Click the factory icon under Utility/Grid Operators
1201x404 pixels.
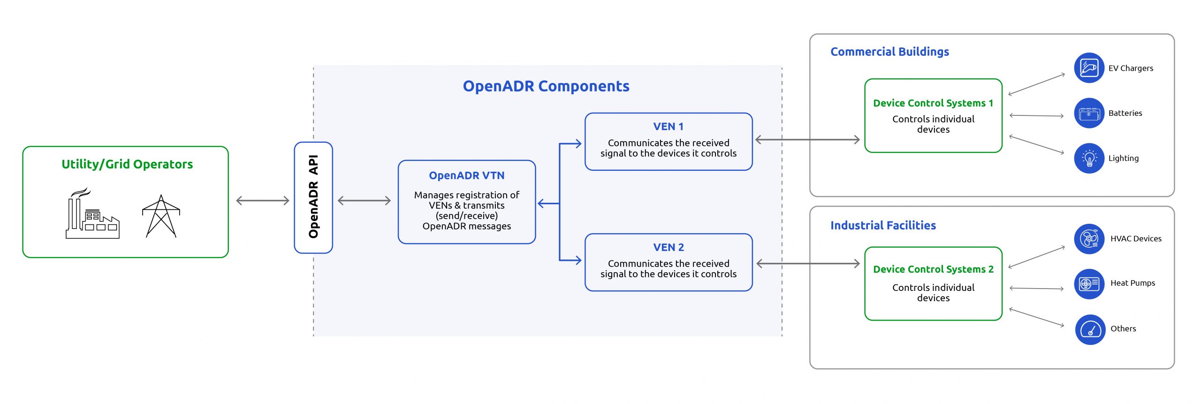pyautogui.click(x=92, y=214)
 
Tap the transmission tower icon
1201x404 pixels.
pyautogui.click(x=161, y=216)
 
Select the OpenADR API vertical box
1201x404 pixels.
pyautogui.click(x=313, y=198)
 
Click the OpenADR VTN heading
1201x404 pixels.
pyautogui.click(x=466, y=175)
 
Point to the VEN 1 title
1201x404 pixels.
pyautogui.click(x=668, y=127)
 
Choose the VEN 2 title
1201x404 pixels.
pyautogui.click(x=668, y=247)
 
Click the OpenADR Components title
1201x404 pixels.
pyautogui.click(x=546, y=86)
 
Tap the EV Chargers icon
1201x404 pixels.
pyautogui.click(x=1089, y=68)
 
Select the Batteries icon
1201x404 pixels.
pyautogui.click(x=1089, y=113)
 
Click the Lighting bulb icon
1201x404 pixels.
pyautogui.click(x=1089, y=159)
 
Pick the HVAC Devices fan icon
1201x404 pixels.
pyautogui.click(x=1089, y=239)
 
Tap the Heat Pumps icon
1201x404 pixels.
pyautogui.click(x=1089, y=284)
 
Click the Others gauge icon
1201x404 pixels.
pyautogui.click(x=1090, y=329)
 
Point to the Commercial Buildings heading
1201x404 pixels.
pyautogui.click(x=889, y=52)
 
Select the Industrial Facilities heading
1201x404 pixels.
pyautogui.click(x=883, y=226)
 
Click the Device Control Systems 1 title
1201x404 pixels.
pyautogui.click(x=933, y=103)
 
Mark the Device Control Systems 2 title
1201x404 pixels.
pyautogui.click(x=933, y=269)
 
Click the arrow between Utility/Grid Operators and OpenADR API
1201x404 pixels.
pyautogui.click(x=263, y=201)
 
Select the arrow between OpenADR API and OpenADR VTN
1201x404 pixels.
pyautogui.click(x=364, y=201)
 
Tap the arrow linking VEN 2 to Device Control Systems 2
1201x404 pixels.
pyautogui.click(x=808, y=264)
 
